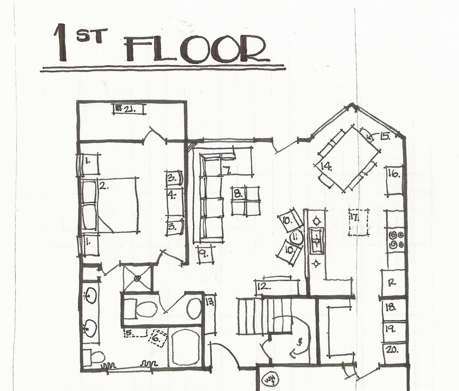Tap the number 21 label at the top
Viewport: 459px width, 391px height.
[129, 109]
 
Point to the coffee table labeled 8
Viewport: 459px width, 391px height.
[246, 200]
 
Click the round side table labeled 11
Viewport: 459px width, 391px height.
[297, 238]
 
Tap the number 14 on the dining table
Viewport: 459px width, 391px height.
[326, 167]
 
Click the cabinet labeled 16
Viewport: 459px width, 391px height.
[395, 181]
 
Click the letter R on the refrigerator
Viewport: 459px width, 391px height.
[391, 282]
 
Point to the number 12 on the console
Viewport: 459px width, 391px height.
[263, 286]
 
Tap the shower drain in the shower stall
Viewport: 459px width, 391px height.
[137, 278]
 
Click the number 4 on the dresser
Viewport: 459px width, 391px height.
[172, 195]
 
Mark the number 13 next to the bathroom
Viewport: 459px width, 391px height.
[210, 302]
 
